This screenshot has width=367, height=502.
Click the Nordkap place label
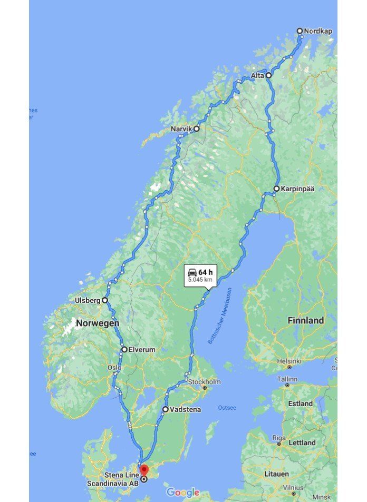coord(318,31)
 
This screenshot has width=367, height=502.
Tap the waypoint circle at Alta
coord(268,75)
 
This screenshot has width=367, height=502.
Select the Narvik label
coord(182,129)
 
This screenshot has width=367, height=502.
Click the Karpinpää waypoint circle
coord(276,189)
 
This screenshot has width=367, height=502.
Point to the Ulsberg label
coord(88,300)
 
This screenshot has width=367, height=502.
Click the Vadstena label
coord(185,409)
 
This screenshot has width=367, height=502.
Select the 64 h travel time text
coord(206,272)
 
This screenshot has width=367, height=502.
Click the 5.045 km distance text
coord(200,280)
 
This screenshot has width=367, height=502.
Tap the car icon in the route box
coord(192,272)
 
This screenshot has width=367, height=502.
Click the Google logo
coord(183,493)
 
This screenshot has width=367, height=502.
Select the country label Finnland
coord(305,320)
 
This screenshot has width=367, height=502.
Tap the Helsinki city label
coord(289,361)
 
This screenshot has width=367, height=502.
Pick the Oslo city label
coord(114,368)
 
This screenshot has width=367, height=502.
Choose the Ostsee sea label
coord(227,408)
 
